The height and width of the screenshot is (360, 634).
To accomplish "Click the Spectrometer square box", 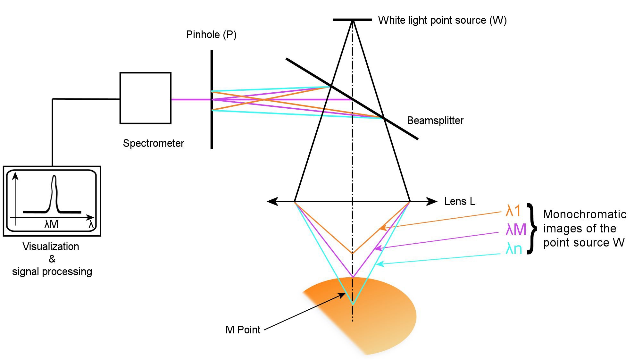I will [145, 98].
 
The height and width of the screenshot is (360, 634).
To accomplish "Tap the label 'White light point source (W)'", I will [442, 20].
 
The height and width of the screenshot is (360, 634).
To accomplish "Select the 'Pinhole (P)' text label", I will [211, 35].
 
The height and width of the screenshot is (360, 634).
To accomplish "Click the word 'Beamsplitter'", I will [435, 121].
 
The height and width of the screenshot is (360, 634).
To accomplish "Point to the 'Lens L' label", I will [459, 201].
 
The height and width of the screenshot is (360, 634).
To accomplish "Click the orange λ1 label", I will [513, 211].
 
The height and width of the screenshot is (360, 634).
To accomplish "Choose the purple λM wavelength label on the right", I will [516, 230].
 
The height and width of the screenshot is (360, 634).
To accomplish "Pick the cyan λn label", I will [513, 249].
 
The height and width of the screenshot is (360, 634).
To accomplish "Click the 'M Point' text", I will [243, 330].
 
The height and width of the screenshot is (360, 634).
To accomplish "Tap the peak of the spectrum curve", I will [54, 177].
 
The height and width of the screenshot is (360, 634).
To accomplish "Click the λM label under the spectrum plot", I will [51, 224].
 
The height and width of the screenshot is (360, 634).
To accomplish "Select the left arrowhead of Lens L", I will [272, 201].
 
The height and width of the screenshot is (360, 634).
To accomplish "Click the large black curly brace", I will [532, 228].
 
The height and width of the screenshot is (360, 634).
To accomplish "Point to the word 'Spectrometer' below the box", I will [153, 143].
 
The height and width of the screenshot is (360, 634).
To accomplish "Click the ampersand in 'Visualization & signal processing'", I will [52, 259].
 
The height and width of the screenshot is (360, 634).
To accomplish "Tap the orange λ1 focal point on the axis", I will [353, 253].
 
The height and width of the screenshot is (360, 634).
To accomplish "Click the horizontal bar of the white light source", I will [352, 20].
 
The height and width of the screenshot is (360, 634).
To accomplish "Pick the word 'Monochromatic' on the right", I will [585, 214].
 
